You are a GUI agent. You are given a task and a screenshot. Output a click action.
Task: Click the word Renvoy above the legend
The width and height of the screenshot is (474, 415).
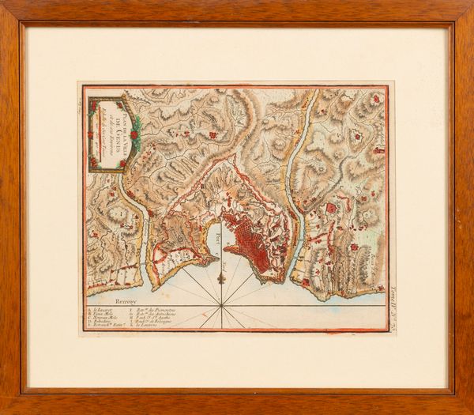point(103,301)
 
